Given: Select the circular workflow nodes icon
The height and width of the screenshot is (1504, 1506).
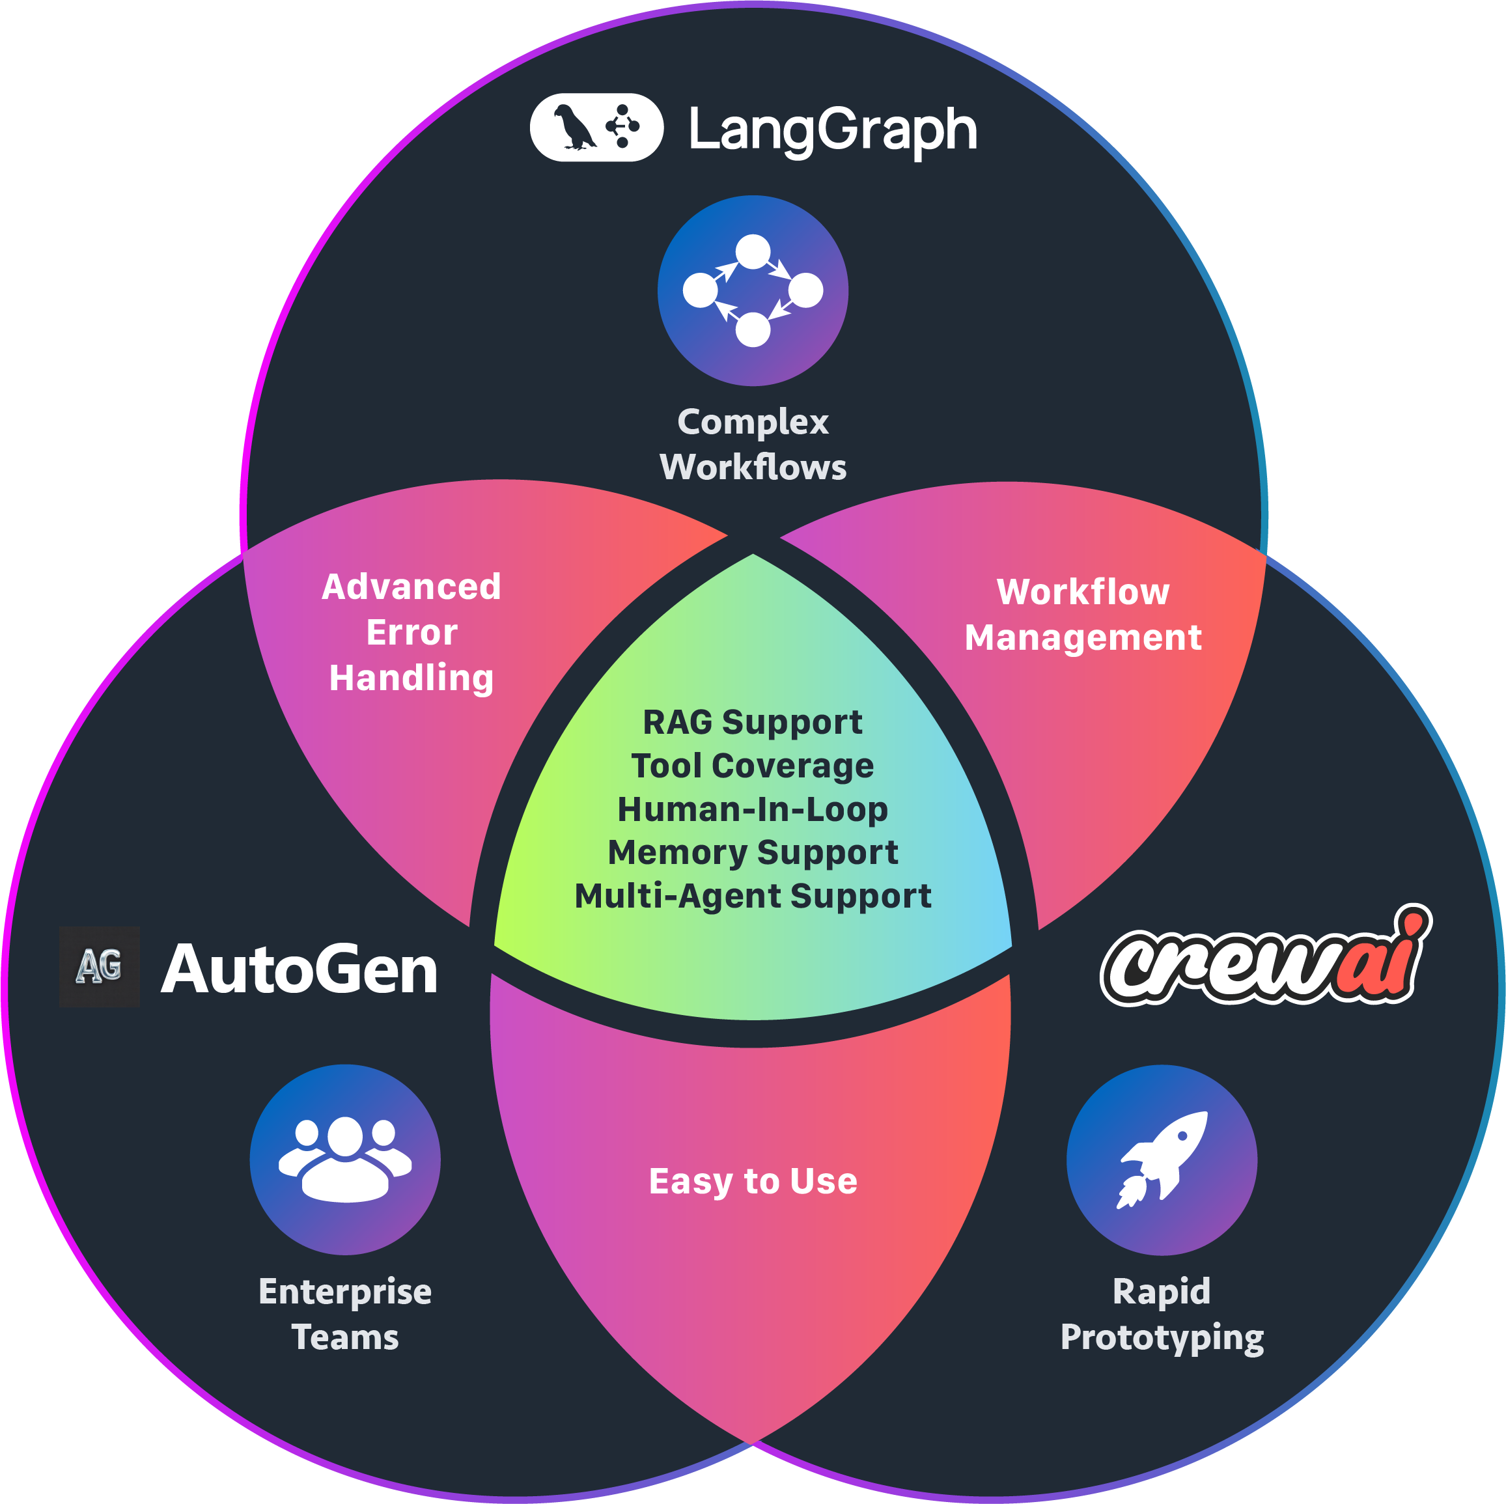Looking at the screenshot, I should (752, 291).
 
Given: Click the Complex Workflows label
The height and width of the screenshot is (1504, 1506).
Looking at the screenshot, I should (752, 443).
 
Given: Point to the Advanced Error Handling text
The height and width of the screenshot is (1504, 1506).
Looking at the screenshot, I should (411, 632).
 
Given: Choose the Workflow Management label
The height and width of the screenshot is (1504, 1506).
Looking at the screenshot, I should (1082, 615).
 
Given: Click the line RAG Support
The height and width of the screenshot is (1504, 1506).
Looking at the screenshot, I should (752, 722).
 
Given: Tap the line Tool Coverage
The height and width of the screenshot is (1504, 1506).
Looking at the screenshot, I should (752, 766).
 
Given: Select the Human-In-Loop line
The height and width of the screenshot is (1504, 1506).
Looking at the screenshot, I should (752, 809).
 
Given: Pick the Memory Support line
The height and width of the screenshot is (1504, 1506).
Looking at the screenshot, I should (752, 852).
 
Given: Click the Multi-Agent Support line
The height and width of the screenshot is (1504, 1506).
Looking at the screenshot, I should (752, 896).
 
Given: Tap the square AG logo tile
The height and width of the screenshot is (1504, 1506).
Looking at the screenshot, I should (100, 967).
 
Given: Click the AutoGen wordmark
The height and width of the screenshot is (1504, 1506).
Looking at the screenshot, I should (299, 969).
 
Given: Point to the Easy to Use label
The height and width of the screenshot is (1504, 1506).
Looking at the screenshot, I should (752, 1181).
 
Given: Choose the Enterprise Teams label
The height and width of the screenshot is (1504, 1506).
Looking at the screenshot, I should (344, 1314).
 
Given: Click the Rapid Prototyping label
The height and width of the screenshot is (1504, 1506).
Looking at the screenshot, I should (1162, 1314).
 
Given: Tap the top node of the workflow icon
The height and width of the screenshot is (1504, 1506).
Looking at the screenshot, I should (752, 252).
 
